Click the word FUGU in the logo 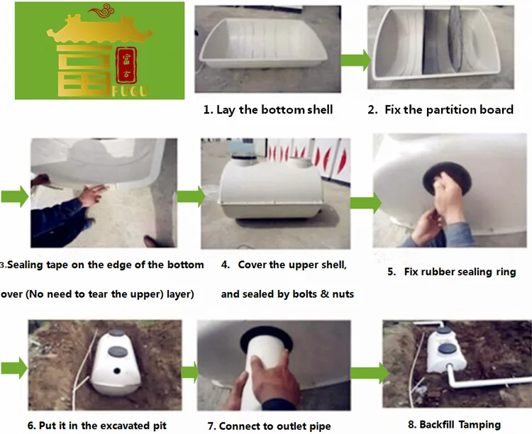(131, 91)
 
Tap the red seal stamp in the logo (126, 65)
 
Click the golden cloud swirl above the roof (101, 11)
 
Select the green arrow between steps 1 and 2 (356, 60)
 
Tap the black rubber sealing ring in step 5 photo (447, 179)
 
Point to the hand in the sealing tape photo (92, 196)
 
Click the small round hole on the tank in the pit (117, 371)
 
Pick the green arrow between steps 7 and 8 (370, 373)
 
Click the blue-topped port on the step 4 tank (243, 155)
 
